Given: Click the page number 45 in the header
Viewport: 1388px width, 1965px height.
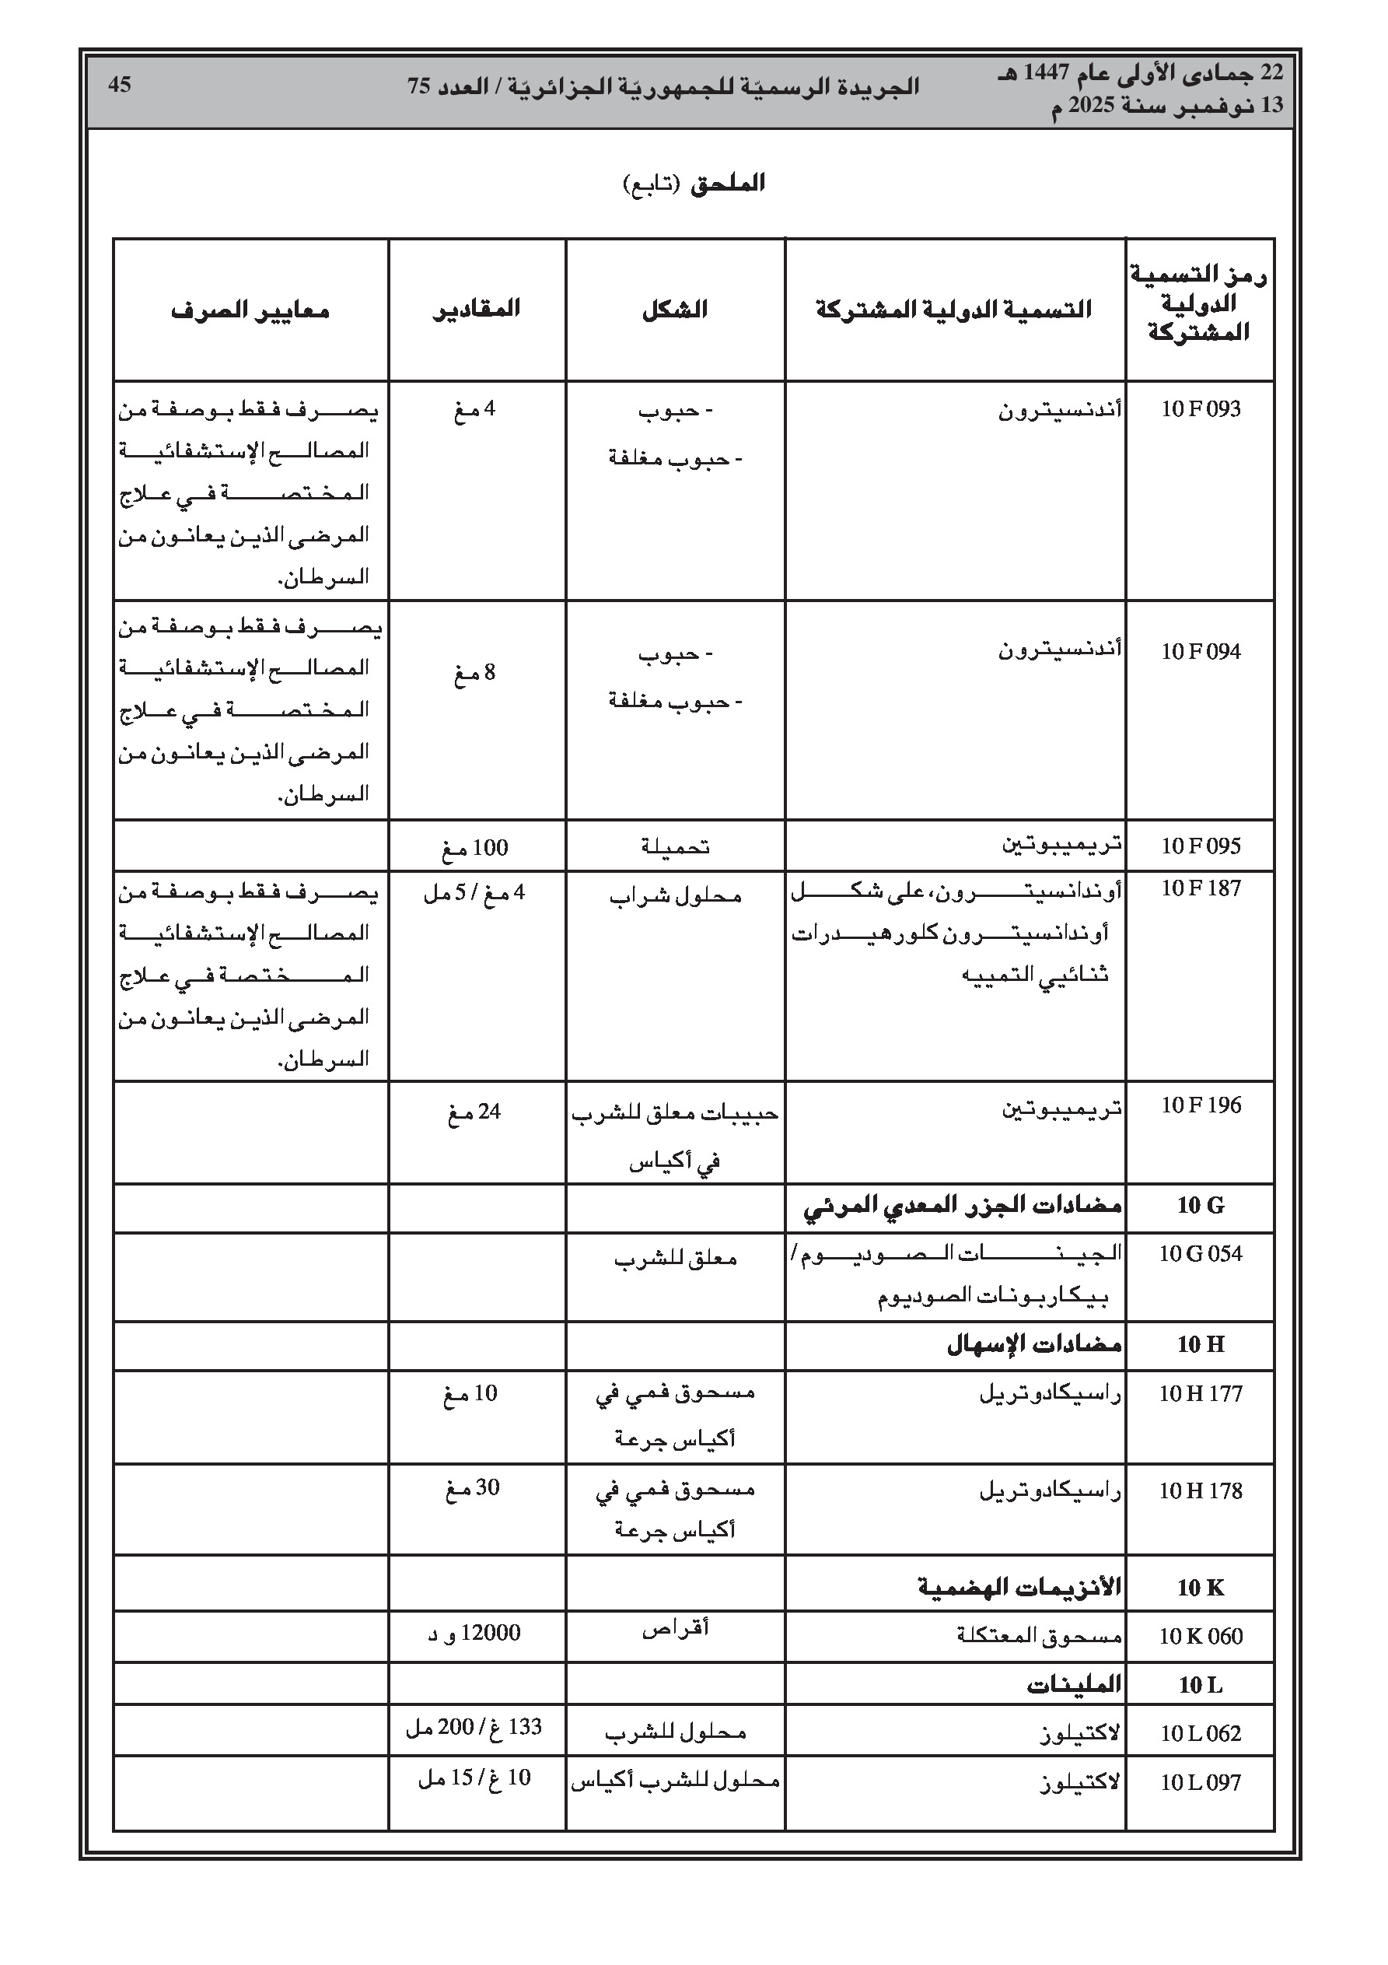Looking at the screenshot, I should pyautogui.click(x=119, y=85).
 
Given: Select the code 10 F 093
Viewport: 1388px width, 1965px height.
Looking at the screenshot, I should pyautogui.click(x=1200, y=409).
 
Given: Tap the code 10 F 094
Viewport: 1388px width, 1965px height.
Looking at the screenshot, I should pyautogui.click(x=1200, y=652).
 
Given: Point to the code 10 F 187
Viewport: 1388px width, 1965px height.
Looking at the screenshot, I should pyautogui.click(x=1200, y=888).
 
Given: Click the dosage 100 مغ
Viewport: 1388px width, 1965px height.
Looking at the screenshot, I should pyautogui.click(x=475, y=848).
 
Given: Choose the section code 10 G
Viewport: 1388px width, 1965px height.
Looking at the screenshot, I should pyautogui.click(x=1200, y=1206).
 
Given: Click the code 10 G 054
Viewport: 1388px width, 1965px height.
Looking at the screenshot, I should pyautogui.click(x=1200, y=1254).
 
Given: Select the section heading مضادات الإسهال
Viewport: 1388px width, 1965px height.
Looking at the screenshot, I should pyautogui.click(x=1033, y=1344).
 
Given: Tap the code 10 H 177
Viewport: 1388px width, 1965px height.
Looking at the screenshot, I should pyautogui.click(x=1200, y=1394).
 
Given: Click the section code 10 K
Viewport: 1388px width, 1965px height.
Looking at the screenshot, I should pyautogui.click(x=1200, y=1588).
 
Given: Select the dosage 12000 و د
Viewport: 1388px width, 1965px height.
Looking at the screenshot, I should pyautogui.click(x=474, y=1633).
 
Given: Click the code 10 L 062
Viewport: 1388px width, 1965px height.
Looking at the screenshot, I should pyautogui.click(x=1200, y=1733).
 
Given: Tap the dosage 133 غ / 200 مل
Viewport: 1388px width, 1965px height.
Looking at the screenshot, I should pyautogui.click(x=474, y=1727).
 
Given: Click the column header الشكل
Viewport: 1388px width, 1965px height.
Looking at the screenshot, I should pyautogui.click(x=674, y=310).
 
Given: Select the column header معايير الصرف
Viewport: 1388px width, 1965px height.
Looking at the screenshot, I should pyautogui.click(x=250, y=310).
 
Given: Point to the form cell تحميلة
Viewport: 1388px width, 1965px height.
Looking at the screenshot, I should pyautogui.click(x=675, y=846).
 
